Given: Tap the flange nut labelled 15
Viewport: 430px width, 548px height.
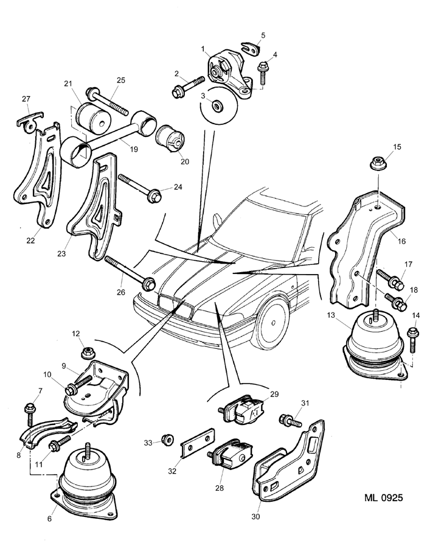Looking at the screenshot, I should [x=378, y=164].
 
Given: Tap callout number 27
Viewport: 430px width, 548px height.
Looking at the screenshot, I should [x=26, y=99].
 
